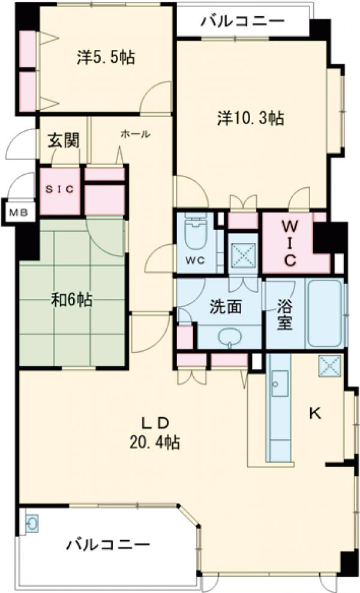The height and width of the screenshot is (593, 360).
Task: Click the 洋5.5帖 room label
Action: (106, 58)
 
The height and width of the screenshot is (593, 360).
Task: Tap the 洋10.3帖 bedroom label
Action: (250, 118)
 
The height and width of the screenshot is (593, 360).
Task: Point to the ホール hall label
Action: (135, 134)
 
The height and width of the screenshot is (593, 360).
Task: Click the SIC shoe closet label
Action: (60, 190)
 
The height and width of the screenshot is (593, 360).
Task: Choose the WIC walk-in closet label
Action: (290, 243)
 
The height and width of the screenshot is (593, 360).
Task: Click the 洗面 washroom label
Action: (226, 307)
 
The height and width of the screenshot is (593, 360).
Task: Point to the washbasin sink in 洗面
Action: (229, 337)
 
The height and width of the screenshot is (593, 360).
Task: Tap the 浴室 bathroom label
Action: (284, 314)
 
